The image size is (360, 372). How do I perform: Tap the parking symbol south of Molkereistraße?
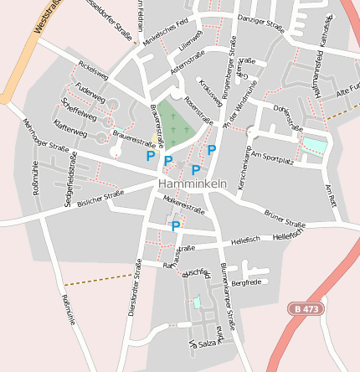tap(176, 225)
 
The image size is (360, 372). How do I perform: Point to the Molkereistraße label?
tap(184, 206)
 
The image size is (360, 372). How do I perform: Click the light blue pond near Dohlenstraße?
tap(315, 147)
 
